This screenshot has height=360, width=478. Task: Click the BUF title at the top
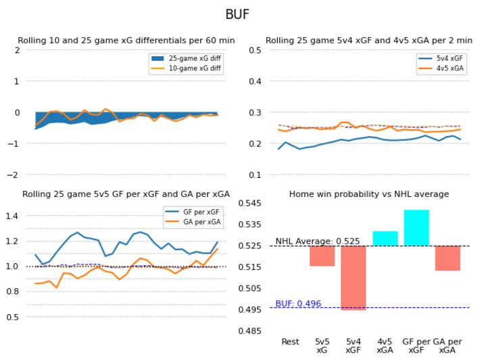[x=239, y=15]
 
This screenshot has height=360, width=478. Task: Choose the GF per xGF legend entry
[x=199, y=212]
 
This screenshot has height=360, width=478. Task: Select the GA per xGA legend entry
[x=199, y=222]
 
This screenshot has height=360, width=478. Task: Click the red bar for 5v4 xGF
[x=354, y=277]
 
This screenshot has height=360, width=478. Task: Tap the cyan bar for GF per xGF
[x=416, y=228]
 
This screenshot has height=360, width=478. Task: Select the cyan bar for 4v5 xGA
[x=385, y=238]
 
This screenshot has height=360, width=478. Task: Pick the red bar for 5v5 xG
[x=322, y=256]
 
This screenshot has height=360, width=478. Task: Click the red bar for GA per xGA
[x=447, y=258]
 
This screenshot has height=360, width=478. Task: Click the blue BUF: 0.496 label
[x=298, y=304]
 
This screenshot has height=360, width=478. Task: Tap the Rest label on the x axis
[x=291, y=342]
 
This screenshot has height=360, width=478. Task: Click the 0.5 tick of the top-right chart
[x=254, y=50]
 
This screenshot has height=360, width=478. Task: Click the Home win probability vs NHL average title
[x=368, y=194]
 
